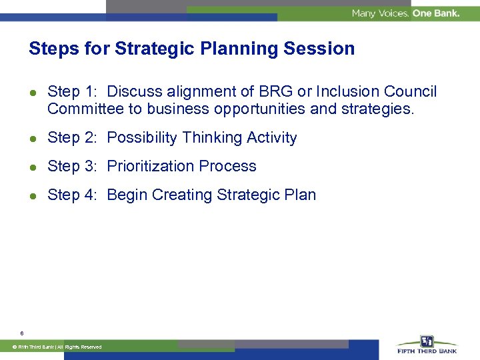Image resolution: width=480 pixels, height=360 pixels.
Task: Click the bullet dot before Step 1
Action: click(x=33, y=92)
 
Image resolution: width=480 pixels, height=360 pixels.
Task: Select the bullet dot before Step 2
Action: click(x=33, y=138)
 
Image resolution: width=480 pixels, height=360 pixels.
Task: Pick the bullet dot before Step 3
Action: click(x=33, y=167)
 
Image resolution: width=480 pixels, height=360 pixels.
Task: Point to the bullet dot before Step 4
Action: click(x=33, y=195)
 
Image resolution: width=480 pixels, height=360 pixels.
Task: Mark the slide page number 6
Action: click(x=22, y=333)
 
